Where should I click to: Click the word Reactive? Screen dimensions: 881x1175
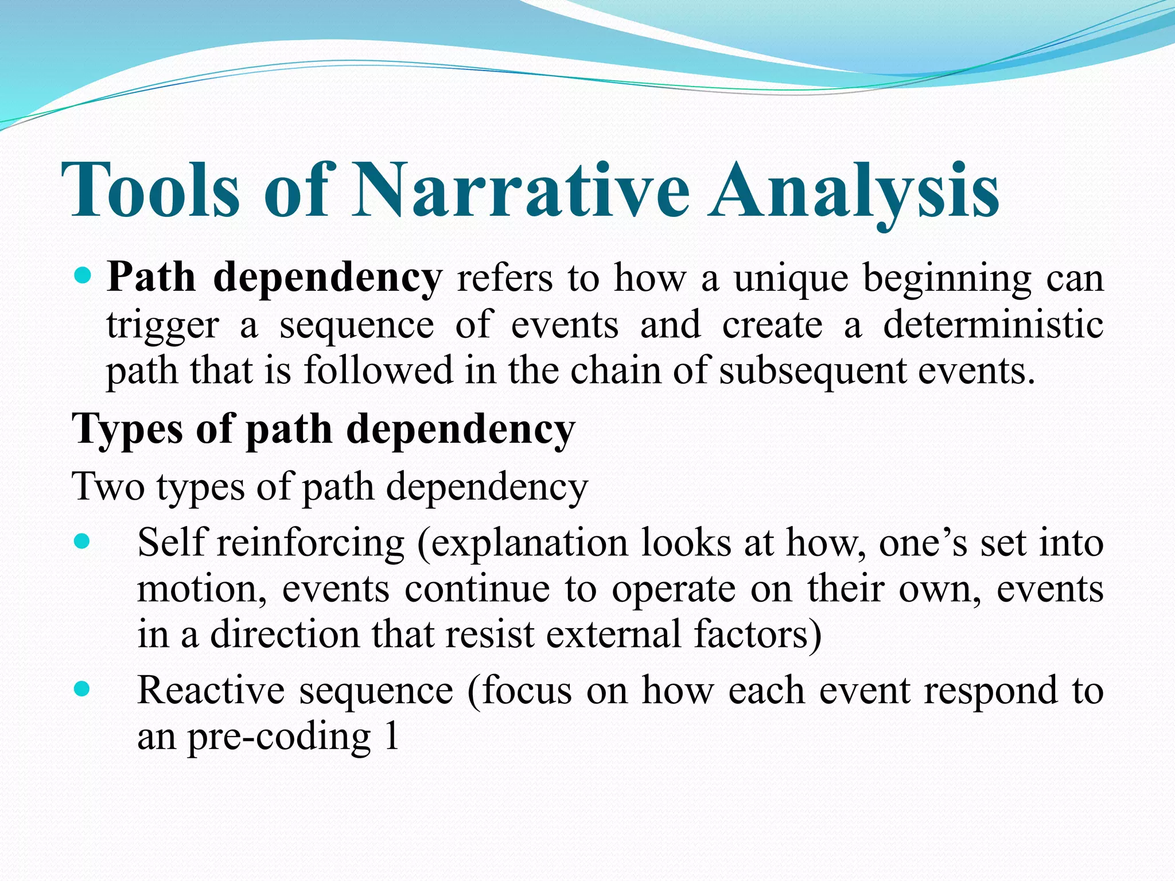(x=211, y=691)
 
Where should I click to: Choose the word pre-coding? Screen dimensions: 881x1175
(x=279, y=737)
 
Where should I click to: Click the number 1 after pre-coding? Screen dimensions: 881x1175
(x=392, y=736)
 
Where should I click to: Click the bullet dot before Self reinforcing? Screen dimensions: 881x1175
(x=83, y=541)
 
